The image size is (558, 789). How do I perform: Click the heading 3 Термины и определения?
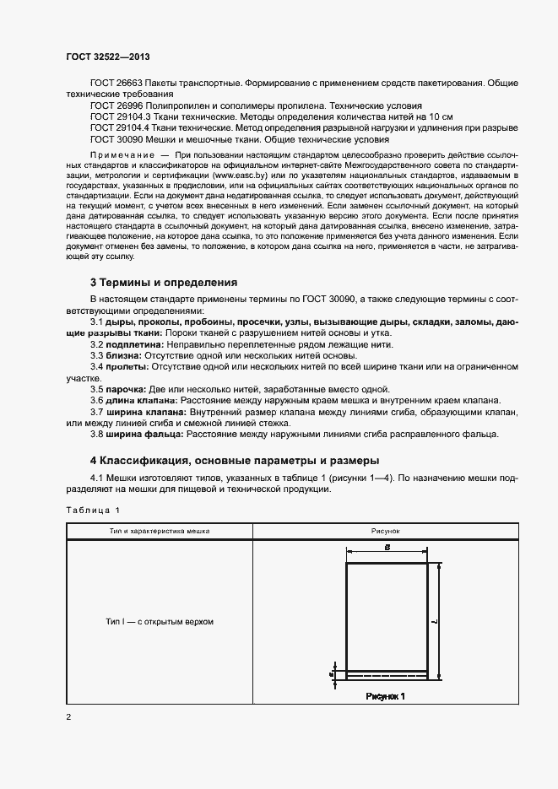[164, 282]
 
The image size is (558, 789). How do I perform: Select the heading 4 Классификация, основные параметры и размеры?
[235, 460]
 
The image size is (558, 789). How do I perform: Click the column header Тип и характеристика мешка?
[160, 532]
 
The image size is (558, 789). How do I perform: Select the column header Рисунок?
[386, 532]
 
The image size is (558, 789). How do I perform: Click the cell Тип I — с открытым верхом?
[160, 622]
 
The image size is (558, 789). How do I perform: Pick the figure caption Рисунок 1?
[386, 696]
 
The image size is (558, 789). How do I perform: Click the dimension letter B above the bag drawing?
[386, 548]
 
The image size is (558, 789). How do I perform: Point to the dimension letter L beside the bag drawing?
[432, 620]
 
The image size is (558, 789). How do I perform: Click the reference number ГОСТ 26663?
[116, 84]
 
